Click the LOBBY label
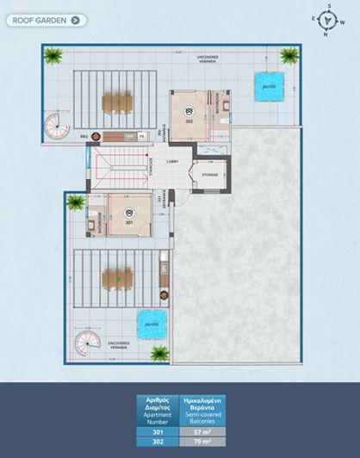(x=172, y=161)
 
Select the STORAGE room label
(x=209, y=174)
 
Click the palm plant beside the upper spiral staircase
(x=54, y=59)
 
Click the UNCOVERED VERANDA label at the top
(x=208, y=59)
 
